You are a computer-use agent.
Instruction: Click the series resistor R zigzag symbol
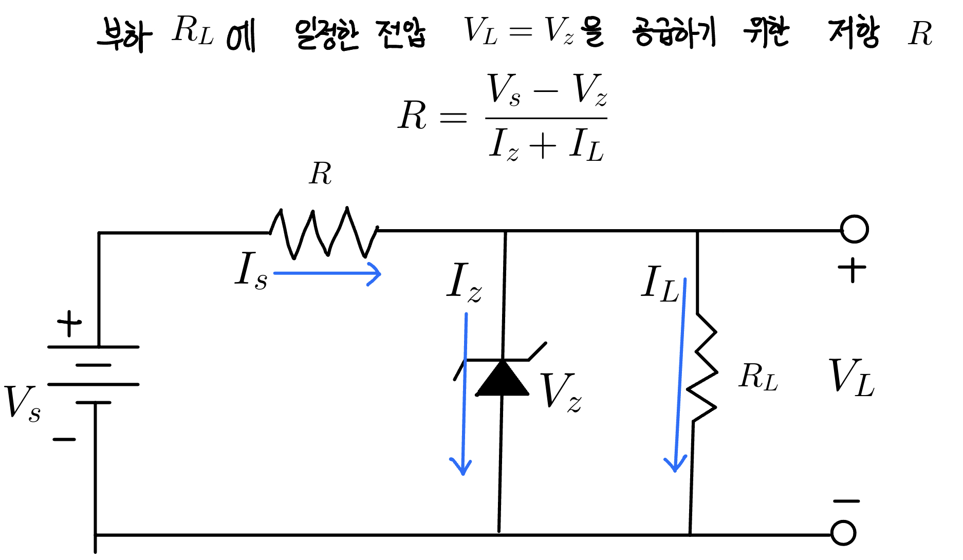324,232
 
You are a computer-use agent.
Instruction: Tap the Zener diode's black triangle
502,379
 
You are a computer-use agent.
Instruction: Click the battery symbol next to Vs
94,375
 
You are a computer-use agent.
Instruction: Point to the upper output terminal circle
854,229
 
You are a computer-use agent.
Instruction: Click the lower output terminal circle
843,533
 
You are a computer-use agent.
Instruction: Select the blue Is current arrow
327,273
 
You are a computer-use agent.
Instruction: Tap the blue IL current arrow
679,375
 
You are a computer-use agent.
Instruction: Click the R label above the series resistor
320,174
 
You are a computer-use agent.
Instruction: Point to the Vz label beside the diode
561,391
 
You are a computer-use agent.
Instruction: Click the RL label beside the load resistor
758,377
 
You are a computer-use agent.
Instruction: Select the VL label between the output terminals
851,378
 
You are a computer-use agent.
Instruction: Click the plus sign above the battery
69,323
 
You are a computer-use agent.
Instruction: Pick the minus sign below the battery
64,439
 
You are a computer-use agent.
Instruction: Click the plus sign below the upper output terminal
851,269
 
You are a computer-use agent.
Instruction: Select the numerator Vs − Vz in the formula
546,90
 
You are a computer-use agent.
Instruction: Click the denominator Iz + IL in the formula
546,144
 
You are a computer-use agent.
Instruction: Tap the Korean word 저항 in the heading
854,33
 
